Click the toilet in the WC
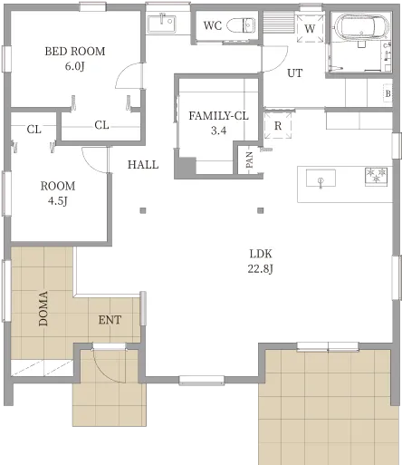(241, 25)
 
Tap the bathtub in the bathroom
(361, 28)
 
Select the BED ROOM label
(75, 52)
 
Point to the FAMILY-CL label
(218, 116)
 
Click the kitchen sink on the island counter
(321, 179)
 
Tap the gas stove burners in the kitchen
(376, 176)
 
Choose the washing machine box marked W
(310, 29)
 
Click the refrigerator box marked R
(278, 125)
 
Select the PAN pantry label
(249, 160)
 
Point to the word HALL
(143, 165)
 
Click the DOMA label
(43, 308)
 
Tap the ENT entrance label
(110, 320)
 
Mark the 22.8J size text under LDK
(261, 268)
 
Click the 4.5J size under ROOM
(58, 200)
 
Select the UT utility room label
(294, 73)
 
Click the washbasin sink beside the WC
(162, 24)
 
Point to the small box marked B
(388, 93)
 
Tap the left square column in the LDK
(143, 210)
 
